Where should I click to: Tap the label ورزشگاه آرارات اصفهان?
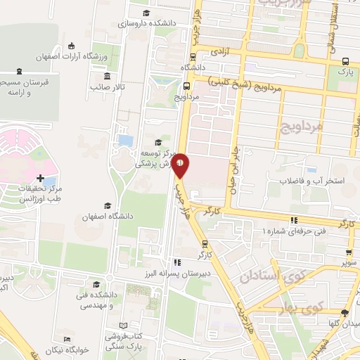tap(86, 56)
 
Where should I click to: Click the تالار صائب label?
tap(107, 86)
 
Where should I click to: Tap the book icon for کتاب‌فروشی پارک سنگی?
tap(124, 326)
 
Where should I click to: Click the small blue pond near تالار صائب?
tap(126, 141)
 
